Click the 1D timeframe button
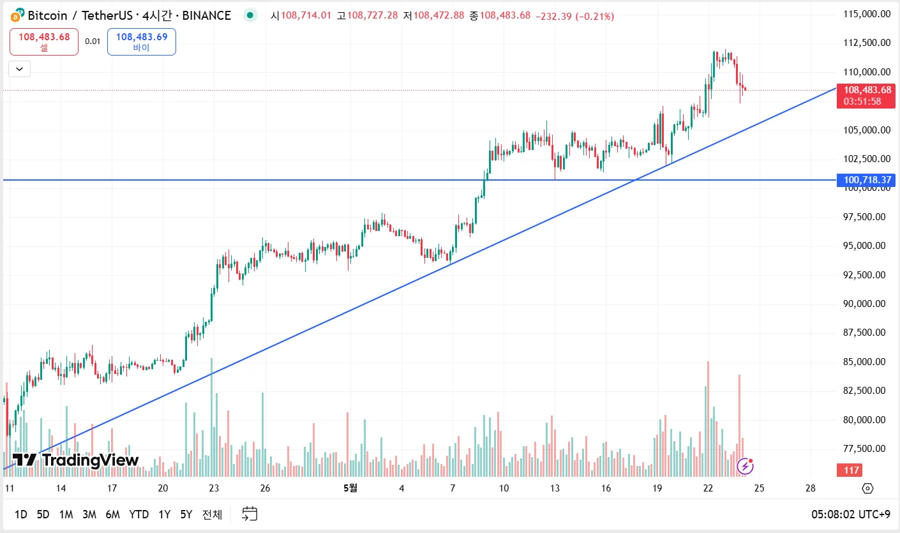pyautogui.click(x=21, y=514)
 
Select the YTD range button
pyautogui.click(x=139, y=514)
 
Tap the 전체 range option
pyautogui.click(x=212, y=514)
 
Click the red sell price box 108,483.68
pyautogui.click(x=44, y=41)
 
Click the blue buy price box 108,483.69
pyautogui.click(x=141, y=41)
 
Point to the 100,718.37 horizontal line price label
pyautogui.click(x=867, y=180)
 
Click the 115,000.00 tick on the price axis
pyautogui.click(x=867, y=14)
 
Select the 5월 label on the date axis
pyautogui.click(x=350, y=488)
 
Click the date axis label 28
pyautogui.click(x=810, y=488)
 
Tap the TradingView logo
pyautogui.click(x=75, y=460)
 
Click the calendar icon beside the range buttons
pyautogui.click(x=250, y=514)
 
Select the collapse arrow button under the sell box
pyautogui.click(x=19, y=68)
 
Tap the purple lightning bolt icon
pyautogui.click(x=744, y=467)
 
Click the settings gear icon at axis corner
pyautogui.click(x=867, y=489)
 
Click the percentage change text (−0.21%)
pyautogui.click(x=594, y=15)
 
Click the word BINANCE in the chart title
pyautogui.click(x=206, y=15)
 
